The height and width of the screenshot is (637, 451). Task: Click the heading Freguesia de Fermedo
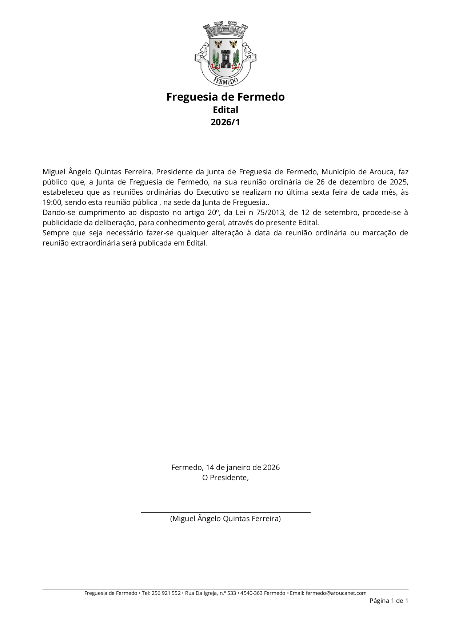point(225,97)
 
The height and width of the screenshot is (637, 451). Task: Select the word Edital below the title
point(225,110)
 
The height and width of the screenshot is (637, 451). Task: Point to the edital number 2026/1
point(225,122)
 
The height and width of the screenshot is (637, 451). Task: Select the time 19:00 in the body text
point(52,202)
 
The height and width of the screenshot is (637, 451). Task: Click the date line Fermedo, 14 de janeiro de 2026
point(225,467)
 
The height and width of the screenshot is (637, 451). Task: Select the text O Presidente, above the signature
point(225,478)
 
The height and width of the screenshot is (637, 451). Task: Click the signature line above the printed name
point(225,512)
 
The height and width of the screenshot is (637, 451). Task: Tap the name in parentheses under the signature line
point(225,519)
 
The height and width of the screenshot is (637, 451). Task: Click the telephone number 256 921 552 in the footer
point(166,593)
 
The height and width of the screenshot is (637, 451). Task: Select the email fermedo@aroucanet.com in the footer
point(336,593)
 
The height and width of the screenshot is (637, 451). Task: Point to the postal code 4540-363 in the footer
point(251,593)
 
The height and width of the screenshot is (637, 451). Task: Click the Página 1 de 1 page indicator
point(389,601)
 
